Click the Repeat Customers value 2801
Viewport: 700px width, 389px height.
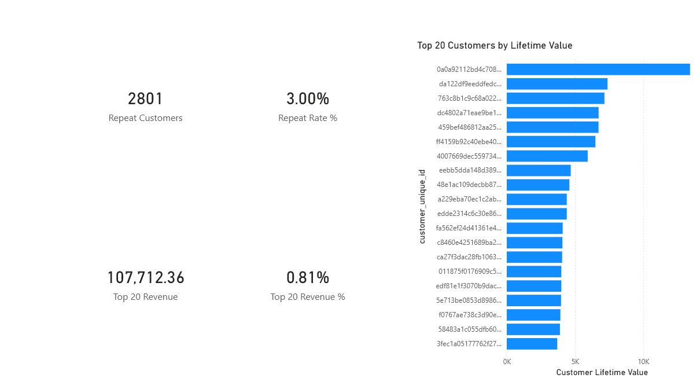pyautogui.click(x=146, y=99)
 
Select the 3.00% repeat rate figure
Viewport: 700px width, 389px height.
pyautogui.click(x=307, y=99)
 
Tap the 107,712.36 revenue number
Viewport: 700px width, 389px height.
pyautogui.click(x=146, y=278)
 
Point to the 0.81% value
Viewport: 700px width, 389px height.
pyautogui.click(x=307, y=278)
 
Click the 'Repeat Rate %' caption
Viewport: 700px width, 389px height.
pyautogui.click(x=307, y=118)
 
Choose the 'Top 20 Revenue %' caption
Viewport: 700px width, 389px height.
pyautogui.click(x=307, y=297)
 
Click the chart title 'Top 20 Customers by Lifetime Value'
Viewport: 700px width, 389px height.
pyautogui.click(x=495, y=46)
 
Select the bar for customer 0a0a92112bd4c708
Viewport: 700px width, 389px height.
pyautogui.click(x=598, y=69)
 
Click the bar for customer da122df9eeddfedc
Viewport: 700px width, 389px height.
pyautogui.click(x=557, y=84)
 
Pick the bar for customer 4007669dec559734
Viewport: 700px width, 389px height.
pyautogui.click(x=547, y=156)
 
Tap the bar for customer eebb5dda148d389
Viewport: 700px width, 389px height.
pyautogui.click(x=539, y=170)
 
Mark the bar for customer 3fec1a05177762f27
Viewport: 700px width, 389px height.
pyautogui.click(x=532, y=344)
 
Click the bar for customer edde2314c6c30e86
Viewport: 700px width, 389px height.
pyautogui.click(x=536, y=214)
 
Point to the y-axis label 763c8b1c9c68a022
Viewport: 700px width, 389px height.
pyautogui.click(x=470, y=98)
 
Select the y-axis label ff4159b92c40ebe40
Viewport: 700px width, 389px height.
pyautogui.click(x=469, y=142)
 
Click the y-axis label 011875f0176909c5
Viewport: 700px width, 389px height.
pyautogui.click(x=470, y=271)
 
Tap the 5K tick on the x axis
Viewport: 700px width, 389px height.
pyautogui.click(x=575, y=362)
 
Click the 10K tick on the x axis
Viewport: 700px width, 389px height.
pyautogui.click(x=643, y=362)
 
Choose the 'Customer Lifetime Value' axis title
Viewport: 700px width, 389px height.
pyautogui.click(x=602, y=373)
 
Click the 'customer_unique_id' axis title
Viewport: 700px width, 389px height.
pyautogui.click(x=422, y=206)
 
